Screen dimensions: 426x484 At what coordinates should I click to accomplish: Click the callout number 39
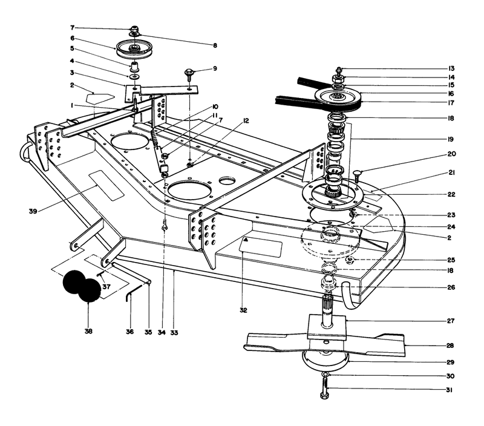[x=33, y=211]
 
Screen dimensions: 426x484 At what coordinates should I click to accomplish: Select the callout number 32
[x=243, y=310]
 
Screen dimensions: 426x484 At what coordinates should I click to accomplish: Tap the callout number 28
[x=450, y=345]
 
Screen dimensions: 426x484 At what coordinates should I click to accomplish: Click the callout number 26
[x=451, y=287]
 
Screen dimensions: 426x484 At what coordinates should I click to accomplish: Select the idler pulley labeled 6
[x=132, y=47]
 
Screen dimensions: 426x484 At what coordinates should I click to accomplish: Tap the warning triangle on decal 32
[x=246, y=240]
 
